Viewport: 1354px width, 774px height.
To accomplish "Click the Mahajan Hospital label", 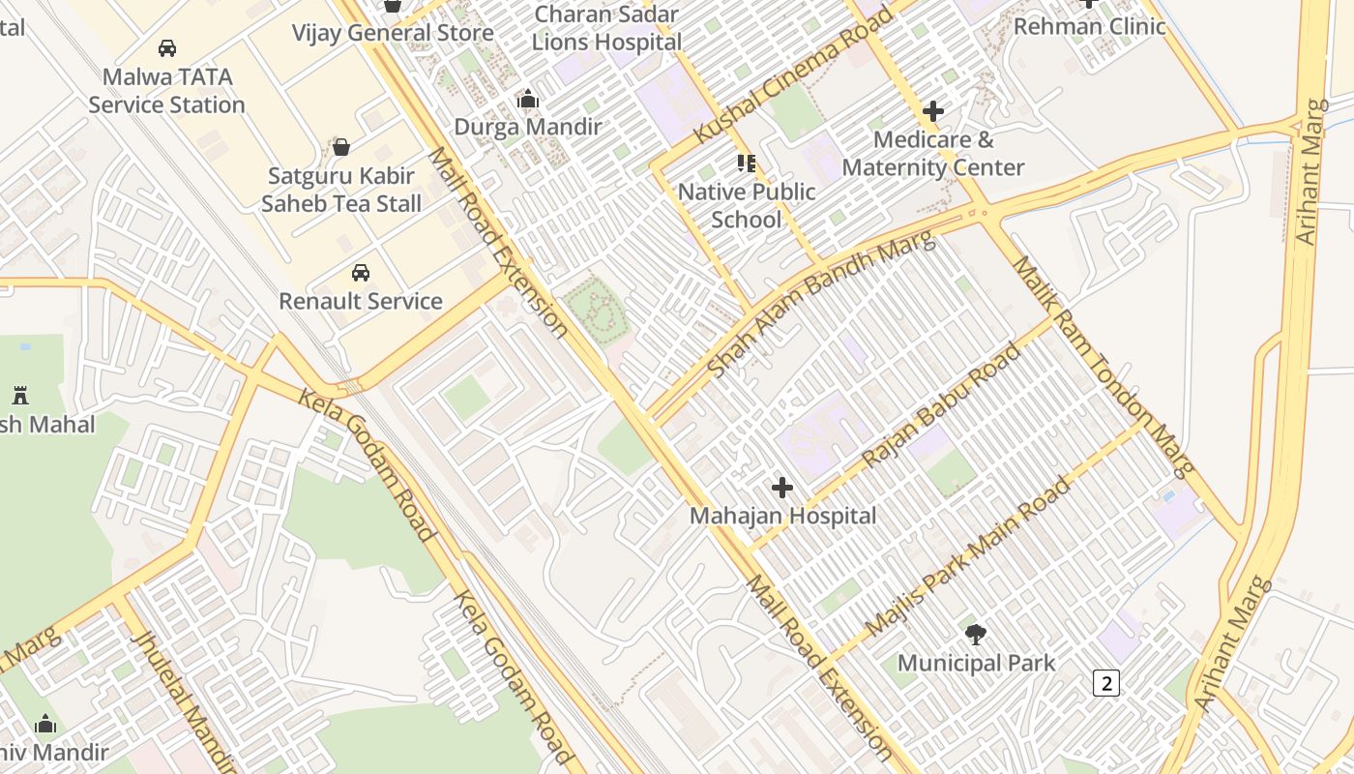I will pos(782,516).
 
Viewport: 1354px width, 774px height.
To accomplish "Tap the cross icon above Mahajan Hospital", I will pos(782,488).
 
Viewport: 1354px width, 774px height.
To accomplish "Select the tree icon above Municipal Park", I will pos(976,635).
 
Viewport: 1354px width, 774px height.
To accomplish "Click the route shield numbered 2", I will pos(1105,683).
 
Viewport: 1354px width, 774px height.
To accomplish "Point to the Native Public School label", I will pos(747,205).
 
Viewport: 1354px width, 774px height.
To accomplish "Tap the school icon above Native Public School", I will pos(746,163).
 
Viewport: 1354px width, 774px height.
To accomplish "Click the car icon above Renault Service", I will pos(361,273).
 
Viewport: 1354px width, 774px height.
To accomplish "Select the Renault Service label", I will pos(361,301).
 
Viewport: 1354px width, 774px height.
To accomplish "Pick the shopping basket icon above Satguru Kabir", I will pos(340,147).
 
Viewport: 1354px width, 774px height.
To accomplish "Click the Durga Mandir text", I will pos(528,127).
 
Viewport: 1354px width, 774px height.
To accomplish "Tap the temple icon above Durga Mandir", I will pos(528,99).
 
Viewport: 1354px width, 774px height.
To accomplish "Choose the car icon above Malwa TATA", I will pos(167,47).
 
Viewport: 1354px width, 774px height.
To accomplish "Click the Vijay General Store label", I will pos(393,32).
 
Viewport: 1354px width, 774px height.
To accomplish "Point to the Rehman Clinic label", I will pos(1089,26).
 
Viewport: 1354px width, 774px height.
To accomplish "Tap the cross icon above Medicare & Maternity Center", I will pos(932,111).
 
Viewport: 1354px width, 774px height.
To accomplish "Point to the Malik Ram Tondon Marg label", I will pos(1104,367).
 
